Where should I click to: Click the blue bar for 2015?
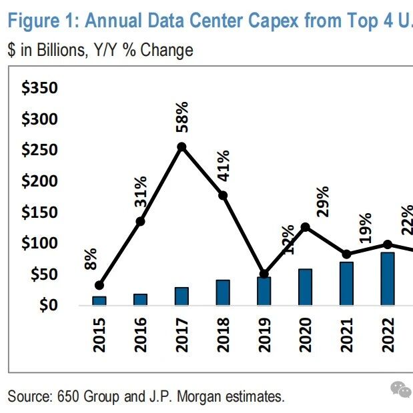tap(99, 301)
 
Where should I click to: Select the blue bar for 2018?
tap(223, 293)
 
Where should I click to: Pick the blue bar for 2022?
tap(388, 279)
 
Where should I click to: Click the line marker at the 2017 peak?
tap(181, 147)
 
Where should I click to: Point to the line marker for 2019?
tap(264, 274)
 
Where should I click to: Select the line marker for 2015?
tap(99, 285)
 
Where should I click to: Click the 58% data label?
tap(181, 117)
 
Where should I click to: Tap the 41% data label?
tap(222, 165)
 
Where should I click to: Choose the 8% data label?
tap(91, 259)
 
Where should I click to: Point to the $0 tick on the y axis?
tap(49, 305)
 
